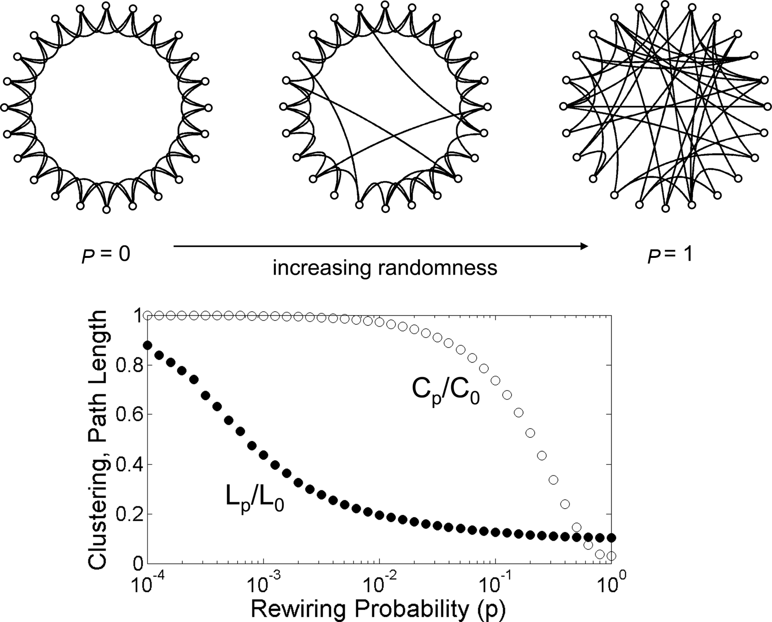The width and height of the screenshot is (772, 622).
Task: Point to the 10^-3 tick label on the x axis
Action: pyautogui.click(x=263, y=581)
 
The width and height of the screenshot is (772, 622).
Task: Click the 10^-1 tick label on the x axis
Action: pyautogui.click(x=495, y=581)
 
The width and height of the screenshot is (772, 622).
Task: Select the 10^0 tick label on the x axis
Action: pyautogui.click(x=612, y=581)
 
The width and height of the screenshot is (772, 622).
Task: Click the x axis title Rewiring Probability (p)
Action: pyautogui.click(x=378, y=609)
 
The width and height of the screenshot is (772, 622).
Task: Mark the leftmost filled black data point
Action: pyautogui.click(x=147, y=345)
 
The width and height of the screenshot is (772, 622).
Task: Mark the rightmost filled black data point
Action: pyautogui.click(x=611, y=537)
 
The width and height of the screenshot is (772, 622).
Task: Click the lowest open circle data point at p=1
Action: pyautogui.click(x=611, y=556)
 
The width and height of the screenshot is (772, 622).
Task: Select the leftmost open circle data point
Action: pyautogui.click(x=147, y=315)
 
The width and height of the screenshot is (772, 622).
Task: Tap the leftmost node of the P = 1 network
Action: pyautogui.click(x=563, y=107)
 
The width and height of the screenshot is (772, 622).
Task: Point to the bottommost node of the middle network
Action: pyautogui.click(x=385, y=208)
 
